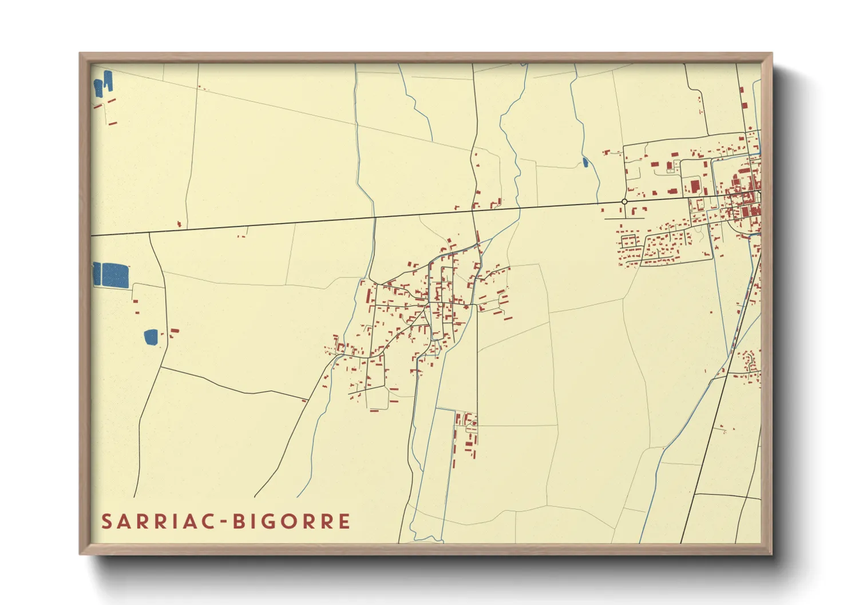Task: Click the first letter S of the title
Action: click(x=106, y=522)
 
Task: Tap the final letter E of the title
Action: click(x=345, y=522)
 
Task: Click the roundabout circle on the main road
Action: click(x=624, y=202)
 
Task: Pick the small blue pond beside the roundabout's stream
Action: click(x=585, y=162)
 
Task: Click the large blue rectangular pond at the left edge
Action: click(x=115, y=275)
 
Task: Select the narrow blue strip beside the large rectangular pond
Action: click(x=97, y=274)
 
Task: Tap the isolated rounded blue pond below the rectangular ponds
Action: click(x=151, y=337)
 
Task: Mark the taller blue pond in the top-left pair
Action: click(x=107, y=81)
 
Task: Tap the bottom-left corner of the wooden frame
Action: click(x=81, y=553)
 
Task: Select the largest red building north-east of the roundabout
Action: click(x=695, y=187)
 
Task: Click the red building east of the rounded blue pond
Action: click(x=173, y=331)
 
